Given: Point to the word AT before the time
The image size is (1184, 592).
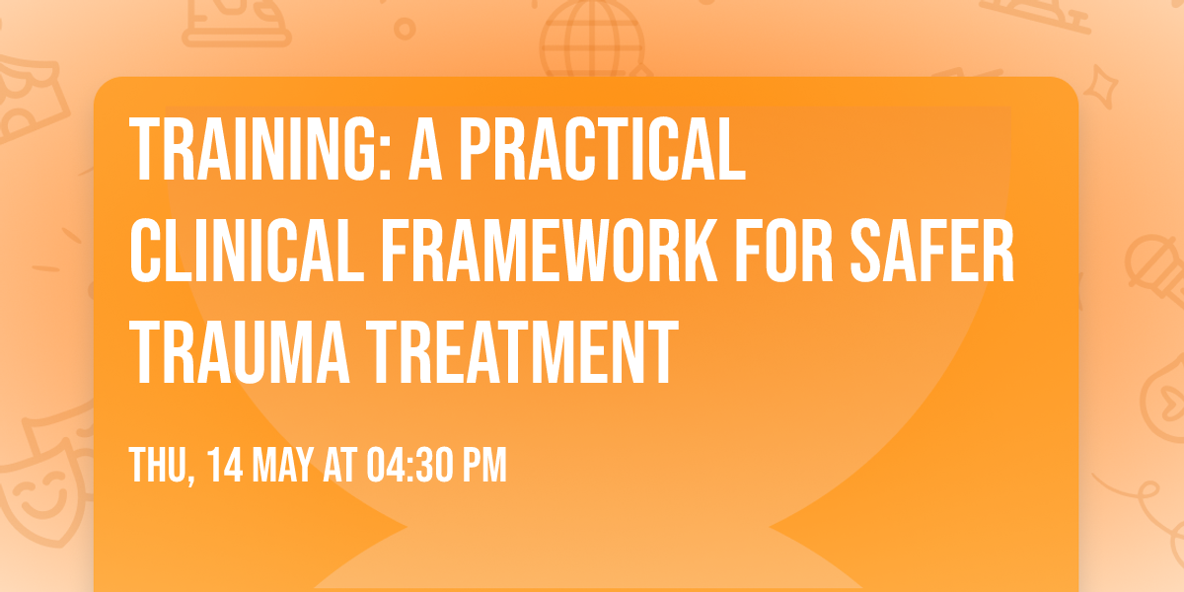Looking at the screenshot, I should [341, 466].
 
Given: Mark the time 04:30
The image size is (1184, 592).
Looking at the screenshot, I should [407, 466].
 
